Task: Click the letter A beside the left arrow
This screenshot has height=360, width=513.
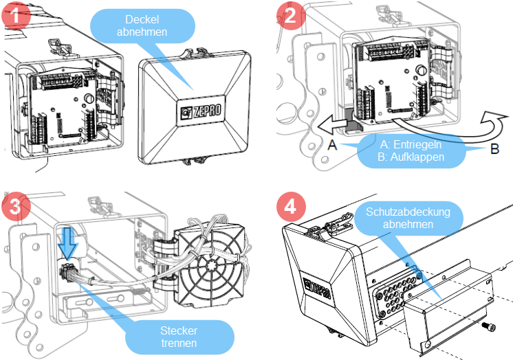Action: tap(333, 146)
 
